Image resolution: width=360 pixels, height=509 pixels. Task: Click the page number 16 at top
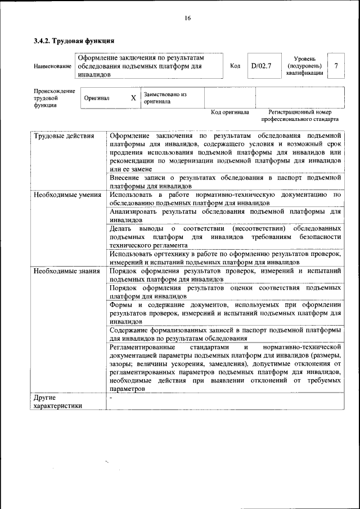click(188, 18)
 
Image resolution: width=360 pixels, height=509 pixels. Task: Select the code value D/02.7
click(261, 66)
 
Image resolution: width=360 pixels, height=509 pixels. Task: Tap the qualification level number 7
click(336, 66)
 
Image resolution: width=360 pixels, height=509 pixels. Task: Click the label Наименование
click(53, 66)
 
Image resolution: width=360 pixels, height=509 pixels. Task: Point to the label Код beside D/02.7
click(235, 66)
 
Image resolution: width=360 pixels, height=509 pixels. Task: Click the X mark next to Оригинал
click(133, 98)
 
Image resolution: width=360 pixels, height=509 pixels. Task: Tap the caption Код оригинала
click(229, 112)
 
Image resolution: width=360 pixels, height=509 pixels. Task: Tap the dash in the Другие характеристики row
click(111, 398)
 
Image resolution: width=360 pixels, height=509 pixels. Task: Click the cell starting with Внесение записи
click(225, 181)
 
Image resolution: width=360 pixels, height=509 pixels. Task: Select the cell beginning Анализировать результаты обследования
click(225, 216)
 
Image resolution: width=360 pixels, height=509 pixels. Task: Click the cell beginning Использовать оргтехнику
click(225, 258)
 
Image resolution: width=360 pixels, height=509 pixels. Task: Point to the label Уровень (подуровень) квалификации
click(304, 66)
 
